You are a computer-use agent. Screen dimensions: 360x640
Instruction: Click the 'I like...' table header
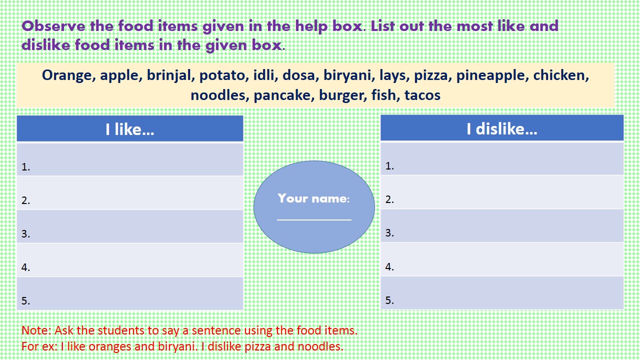click(x=129, y=129)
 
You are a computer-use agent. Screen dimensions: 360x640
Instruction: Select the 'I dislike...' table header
click(x=501, y=128)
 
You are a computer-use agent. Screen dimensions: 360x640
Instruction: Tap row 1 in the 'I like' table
click(x=130, y=159)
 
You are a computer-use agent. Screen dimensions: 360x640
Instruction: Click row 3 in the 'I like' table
click(x=130, y=226)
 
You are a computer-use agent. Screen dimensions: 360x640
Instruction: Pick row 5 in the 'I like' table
click(x=130, y=293)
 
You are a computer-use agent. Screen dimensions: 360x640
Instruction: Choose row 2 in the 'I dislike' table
click(x=501, y=192)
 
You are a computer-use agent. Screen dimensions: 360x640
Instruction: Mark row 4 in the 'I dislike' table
click(x=501, y=259)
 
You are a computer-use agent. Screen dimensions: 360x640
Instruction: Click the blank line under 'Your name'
click(x=314, y=219)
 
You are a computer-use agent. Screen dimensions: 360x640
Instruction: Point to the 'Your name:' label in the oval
click(x=313, y=198)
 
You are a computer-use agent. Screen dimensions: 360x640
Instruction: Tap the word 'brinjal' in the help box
click(x=169, y=75)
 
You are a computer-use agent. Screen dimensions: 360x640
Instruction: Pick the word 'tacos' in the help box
click(x=422, y=95)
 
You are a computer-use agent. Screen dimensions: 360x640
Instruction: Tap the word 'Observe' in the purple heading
click(x=53, y=26)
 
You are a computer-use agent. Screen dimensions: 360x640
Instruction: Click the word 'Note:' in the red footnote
click(x=36, y=330)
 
